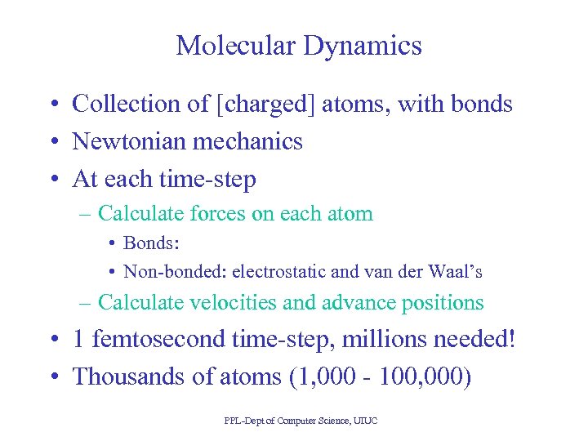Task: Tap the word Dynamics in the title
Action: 363,45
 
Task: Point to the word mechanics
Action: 247,141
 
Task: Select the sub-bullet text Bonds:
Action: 151,243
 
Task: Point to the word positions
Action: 442,302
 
